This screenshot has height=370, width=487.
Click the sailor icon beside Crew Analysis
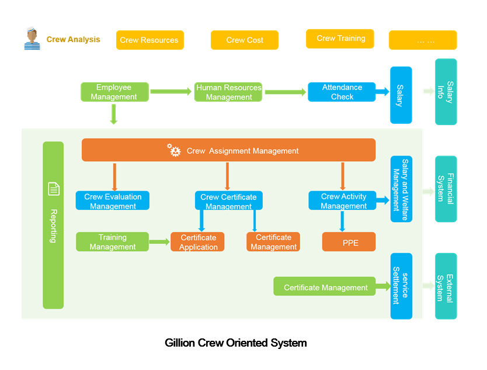point(32,39)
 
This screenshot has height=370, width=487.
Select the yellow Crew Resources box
point(149,40)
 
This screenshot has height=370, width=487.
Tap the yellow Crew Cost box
point(244,40)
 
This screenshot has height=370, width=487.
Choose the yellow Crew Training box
point(340,39)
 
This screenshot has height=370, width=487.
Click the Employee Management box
point(114,92)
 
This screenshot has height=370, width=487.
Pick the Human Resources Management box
point(228,92)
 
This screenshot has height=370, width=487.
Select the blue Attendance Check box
point(342,92)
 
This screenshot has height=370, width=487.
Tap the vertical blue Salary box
point(401,95)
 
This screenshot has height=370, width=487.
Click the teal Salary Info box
point(446,92)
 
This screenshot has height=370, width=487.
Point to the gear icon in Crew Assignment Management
point(174,150)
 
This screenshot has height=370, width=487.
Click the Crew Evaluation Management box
point(113,201)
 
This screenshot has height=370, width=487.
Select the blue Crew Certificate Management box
point(228,201)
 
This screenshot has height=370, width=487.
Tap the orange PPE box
point(349,242)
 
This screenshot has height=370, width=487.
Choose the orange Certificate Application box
point(198,242)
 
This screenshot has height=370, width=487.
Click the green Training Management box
point(112,242)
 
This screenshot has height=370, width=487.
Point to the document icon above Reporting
point(53,189)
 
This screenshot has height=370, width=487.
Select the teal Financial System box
point(446,189)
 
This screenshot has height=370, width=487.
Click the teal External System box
point(446,286)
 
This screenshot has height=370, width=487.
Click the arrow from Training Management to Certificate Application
point(159,241)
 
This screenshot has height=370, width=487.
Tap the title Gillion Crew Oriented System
point(235,343)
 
